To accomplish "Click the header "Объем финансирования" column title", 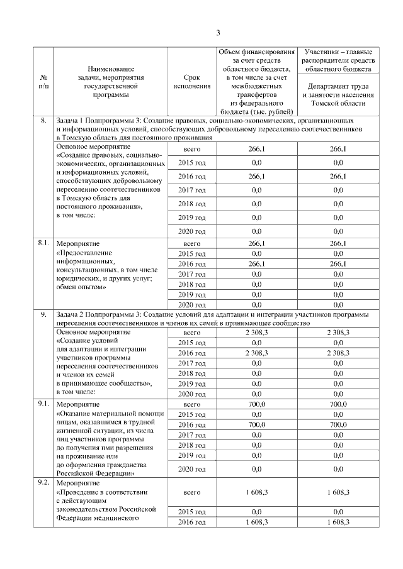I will (256, 52).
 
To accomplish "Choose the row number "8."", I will (43, 119).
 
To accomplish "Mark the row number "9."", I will (43, 314).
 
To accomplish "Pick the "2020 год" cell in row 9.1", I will (191, 469).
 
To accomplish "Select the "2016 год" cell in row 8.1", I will (191, 264).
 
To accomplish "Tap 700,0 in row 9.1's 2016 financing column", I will (256, 425).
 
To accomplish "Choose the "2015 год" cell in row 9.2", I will (191, 512).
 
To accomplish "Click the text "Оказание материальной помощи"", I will (111, 414).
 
